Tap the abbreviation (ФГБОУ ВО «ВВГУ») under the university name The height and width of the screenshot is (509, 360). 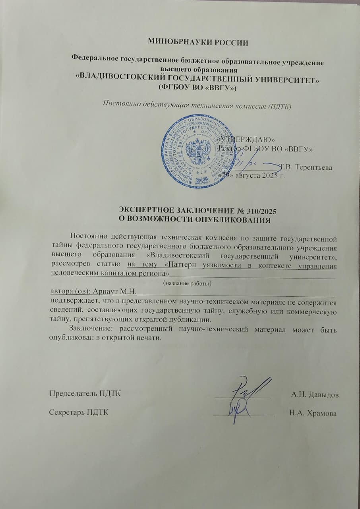(x=197, y=87)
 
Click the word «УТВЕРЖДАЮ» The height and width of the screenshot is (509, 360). (x=248, y=140)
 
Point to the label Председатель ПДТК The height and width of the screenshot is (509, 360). (x=85, y=394)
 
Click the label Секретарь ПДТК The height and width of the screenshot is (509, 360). (x=79, y=413)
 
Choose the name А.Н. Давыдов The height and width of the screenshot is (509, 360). (x=315, y=395)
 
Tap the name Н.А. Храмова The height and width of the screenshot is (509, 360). (x=313, y=414)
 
